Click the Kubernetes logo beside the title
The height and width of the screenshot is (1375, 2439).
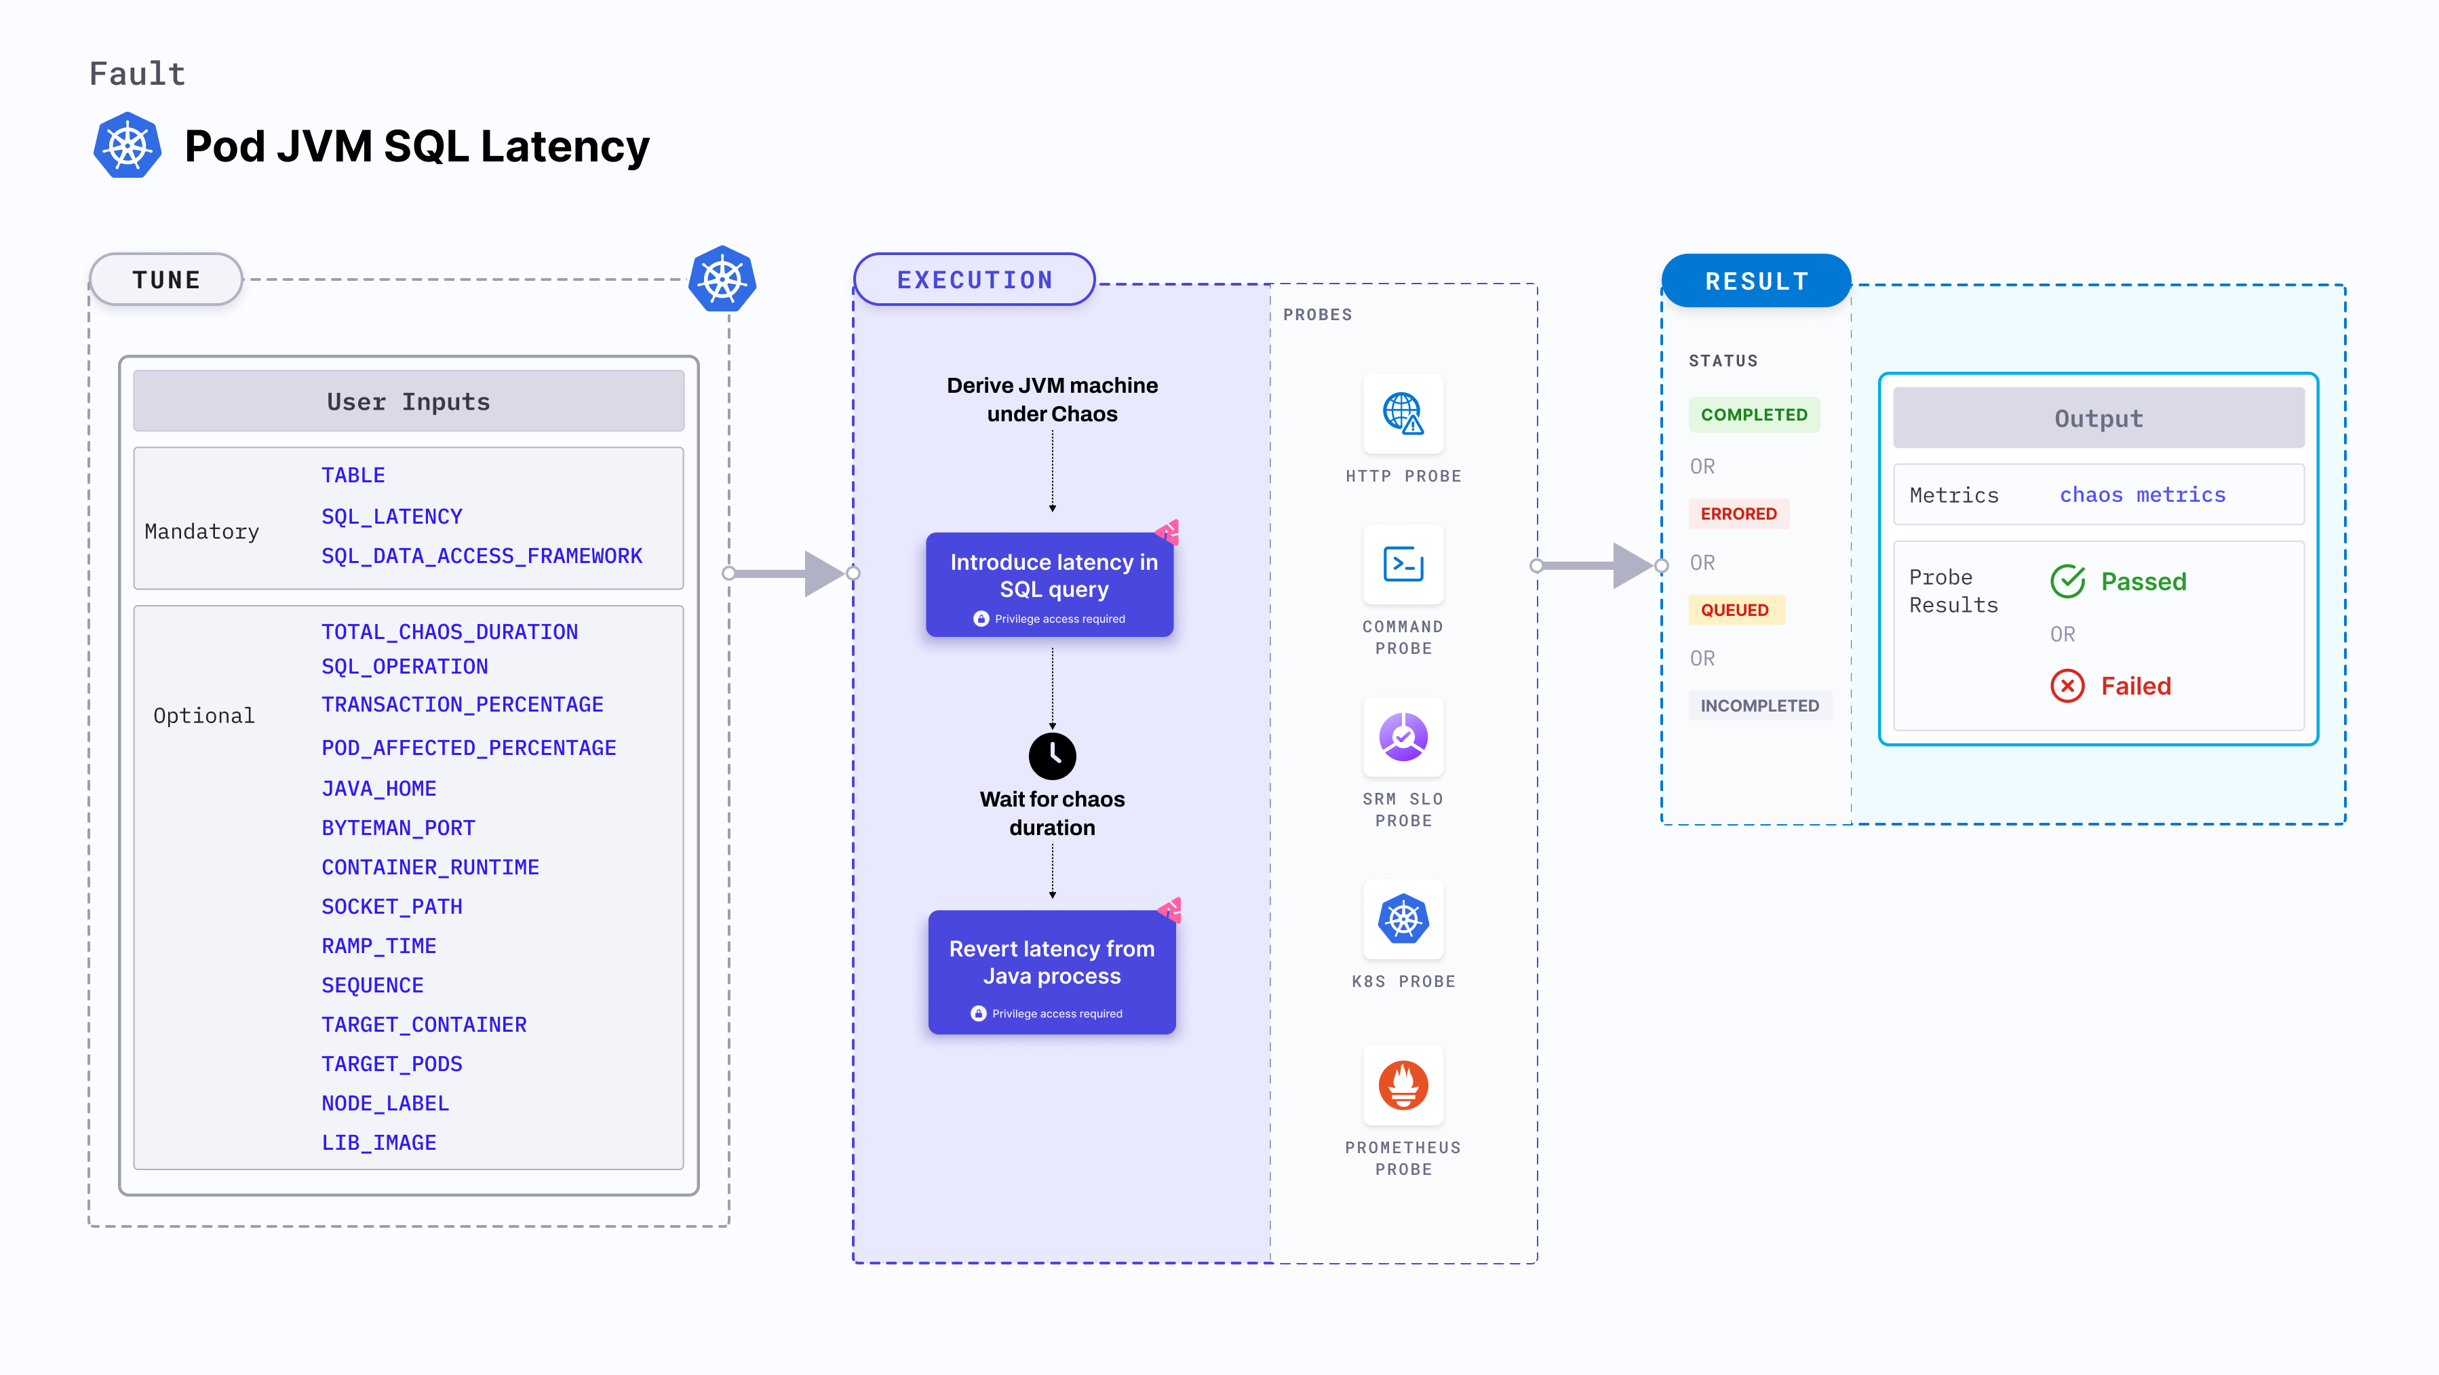127,146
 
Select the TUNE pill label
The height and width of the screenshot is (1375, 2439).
167,279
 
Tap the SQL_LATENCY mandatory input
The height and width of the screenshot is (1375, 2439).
391,516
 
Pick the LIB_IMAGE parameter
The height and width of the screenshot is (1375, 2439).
378,1142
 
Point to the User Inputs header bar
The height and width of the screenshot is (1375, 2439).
408,402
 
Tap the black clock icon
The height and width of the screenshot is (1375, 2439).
1052,755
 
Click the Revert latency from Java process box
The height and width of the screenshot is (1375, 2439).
1052,971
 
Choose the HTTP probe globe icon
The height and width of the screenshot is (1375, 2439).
1402,414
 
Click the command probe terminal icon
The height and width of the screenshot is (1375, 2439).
1402,564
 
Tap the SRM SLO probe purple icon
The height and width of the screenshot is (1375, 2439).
1402,737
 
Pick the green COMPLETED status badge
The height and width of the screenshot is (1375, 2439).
1753,414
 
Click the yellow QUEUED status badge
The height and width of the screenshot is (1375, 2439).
1734,610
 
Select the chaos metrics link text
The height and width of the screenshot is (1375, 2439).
2142,495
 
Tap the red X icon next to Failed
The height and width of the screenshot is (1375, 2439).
2067,686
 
